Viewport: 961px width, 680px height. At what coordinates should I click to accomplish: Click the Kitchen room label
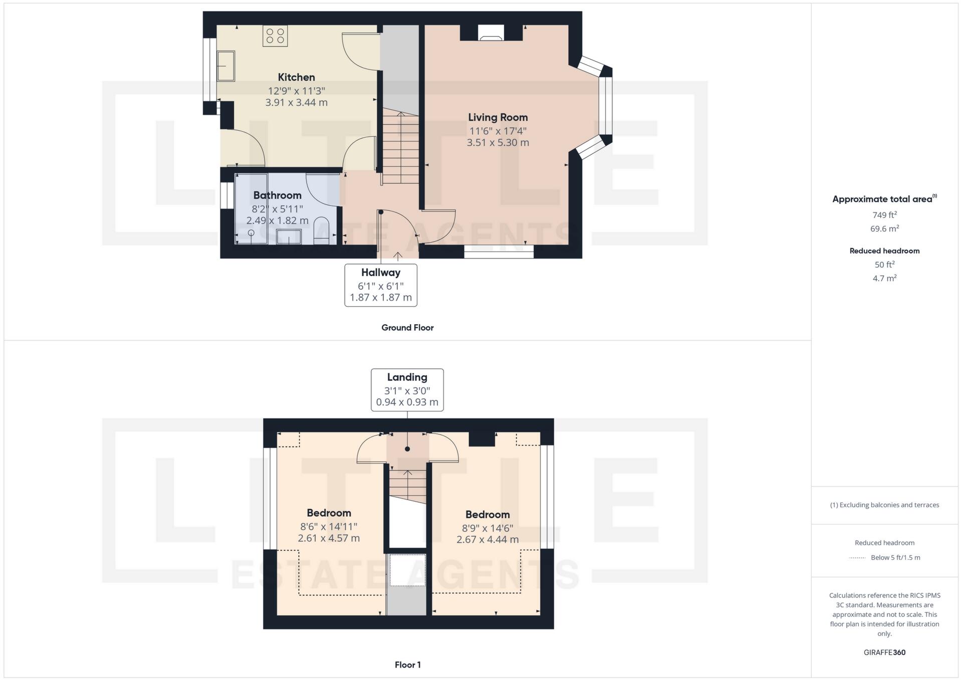tap(296, 77)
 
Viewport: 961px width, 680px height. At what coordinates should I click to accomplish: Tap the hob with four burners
tap(275, 36)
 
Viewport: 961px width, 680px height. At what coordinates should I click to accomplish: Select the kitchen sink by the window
tap(226, 66)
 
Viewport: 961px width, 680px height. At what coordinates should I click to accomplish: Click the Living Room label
tap(498, 117)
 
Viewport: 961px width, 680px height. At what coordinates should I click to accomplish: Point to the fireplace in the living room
tap(491, 33)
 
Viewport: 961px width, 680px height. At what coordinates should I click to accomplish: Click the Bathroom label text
tap(277, 195)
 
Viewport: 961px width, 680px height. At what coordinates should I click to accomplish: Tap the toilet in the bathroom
tap(321, 231)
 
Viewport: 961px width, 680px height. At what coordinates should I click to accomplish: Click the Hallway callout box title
tap(381, 273)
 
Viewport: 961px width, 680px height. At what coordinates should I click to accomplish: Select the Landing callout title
tap(407, 377)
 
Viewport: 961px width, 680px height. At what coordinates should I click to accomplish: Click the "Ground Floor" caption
tap(407, 328)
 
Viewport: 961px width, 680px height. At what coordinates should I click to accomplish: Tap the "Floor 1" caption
tap(407, 665)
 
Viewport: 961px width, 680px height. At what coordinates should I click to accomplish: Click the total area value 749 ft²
tap(884, 215)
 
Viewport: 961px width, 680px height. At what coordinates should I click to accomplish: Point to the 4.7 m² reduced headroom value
tap(884, 278)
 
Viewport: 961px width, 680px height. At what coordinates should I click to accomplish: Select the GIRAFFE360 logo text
tap(884, 652)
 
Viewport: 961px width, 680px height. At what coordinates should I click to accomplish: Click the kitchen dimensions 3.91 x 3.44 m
tap(296, 103)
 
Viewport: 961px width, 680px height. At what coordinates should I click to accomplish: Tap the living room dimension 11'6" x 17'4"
tap(498, 131)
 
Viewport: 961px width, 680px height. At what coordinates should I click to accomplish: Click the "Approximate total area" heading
tap(883, 199)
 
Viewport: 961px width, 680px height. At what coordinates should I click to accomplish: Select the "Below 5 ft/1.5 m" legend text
tap(895, 558)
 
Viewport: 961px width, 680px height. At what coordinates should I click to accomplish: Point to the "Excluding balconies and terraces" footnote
tap(884, 505)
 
